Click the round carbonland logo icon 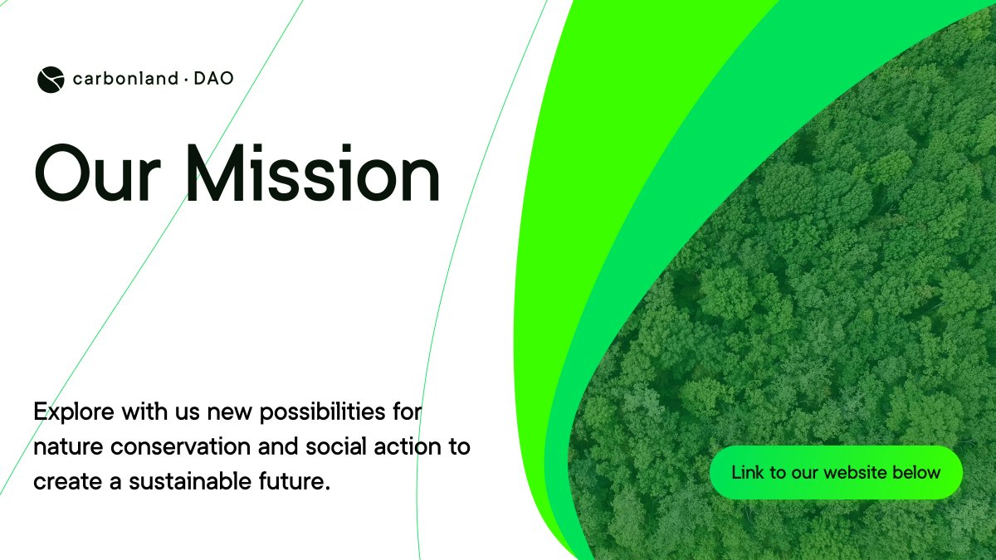[x=50, y=80]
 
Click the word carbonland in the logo [x=125, y=80]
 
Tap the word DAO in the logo [x=213, y=80]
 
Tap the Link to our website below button [x=836, y=473]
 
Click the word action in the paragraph [x=405, y=447]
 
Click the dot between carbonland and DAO [x=186, y=80]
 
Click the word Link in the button [x=746, y=473]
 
